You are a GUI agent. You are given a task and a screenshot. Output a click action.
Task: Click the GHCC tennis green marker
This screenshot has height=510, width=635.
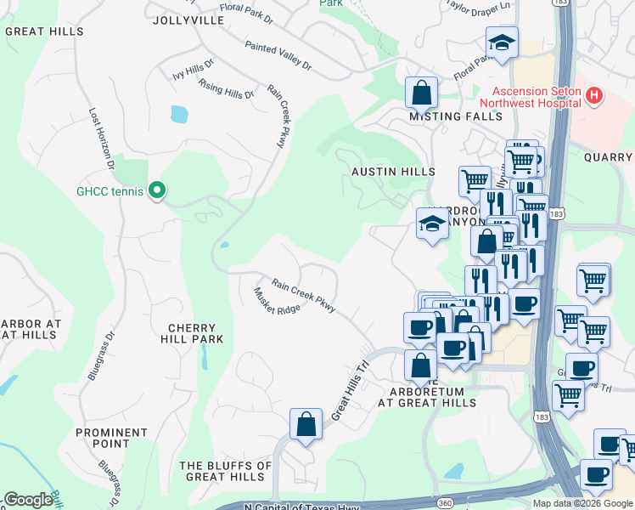point(156,191)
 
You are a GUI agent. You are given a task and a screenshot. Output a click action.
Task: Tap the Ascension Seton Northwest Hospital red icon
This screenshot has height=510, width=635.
point(594,97)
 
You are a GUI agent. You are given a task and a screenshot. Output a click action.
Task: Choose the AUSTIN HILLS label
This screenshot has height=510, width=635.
point(394,172)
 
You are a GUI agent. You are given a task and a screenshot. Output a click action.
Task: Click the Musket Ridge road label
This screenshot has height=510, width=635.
point(277,301)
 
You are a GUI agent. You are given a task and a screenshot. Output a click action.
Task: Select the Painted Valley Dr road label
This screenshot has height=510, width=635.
point(278,56)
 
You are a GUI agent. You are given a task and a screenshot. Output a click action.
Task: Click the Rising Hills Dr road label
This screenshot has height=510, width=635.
point(226,88)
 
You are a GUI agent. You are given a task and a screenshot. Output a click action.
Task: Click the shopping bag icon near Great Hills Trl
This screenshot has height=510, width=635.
point(306,424)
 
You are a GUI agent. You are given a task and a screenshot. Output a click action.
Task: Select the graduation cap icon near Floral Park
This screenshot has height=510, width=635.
point(502,42)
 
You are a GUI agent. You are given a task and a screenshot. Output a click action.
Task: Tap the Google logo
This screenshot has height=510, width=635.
point(28,500)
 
